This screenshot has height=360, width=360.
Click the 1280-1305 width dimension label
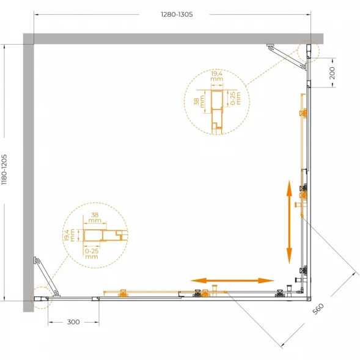tap(177, 15)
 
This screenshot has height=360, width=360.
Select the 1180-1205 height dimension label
tap(4, 170)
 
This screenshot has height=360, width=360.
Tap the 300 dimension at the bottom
tap(73, 322)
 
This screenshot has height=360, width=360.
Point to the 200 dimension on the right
tap(332, 73)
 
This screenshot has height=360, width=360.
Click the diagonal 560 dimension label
tap(318, 309)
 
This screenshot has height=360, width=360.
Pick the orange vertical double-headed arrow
tap(289, 222)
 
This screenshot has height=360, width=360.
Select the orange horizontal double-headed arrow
tap(232, 281)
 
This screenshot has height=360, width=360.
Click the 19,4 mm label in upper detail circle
tap(217, 76)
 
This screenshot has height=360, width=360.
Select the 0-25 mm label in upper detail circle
tap(235, 98)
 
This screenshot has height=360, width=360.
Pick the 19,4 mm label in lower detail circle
tap(70, 235)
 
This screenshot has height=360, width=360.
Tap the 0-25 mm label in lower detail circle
tap(92, 254)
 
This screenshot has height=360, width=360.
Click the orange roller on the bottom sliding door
tap(123, 293)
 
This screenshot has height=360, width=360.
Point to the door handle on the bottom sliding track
tap(215, 290)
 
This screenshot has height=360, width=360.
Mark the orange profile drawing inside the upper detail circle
tap(217, 111)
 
